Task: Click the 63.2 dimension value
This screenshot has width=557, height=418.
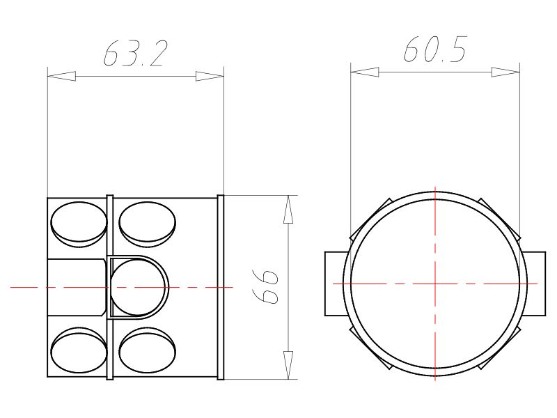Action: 136,54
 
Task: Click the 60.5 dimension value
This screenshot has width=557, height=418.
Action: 435,50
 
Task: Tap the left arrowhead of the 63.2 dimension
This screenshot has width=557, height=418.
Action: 61,75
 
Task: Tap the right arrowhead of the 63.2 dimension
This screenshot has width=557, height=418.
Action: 210,75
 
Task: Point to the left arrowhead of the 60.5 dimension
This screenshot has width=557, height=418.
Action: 364,72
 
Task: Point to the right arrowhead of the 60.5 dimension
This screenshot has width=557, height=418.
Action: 505,72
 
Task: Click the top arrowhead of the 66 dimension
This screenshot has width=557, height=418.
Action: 288,210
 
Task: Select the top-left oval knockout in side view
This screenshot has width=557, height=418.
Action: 79,222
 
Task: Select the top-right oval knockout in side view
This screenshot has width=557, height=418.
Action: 147,222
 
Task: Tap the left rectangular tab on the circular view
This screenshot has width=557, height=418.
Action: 335,284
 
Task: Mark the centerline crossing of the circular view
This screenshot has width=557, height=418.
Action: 435,284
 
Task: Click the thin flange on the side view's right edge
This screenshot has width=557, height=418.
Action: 221,287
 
